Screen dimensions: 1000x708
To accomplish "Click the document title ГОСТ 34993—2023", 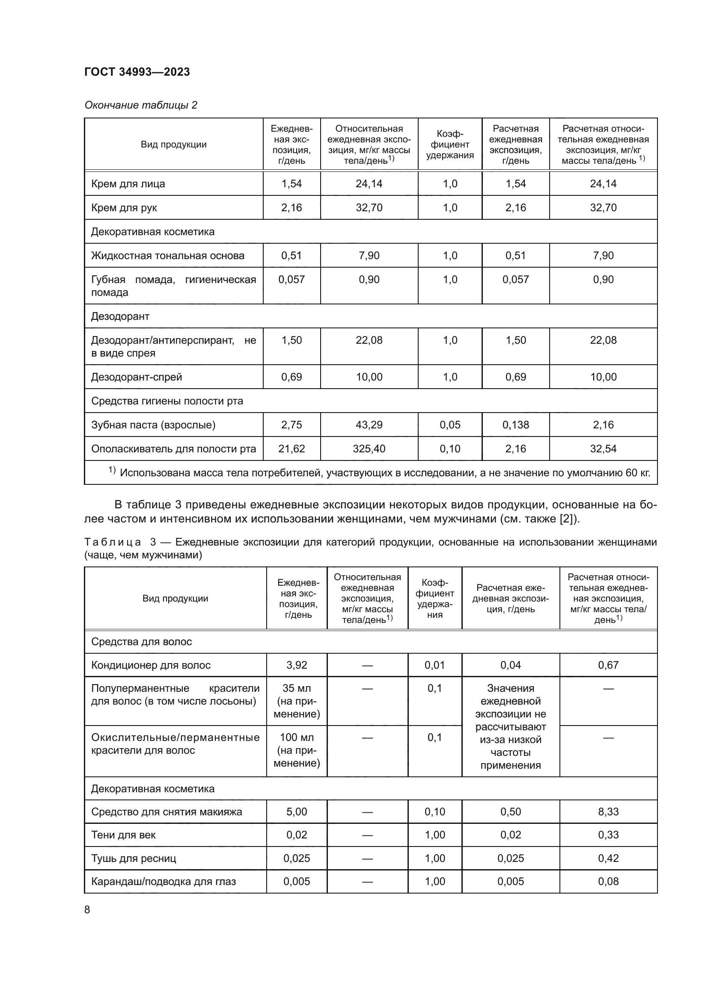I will [137, 72].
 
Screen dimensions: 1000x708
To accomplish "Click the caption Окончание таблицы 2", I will [140, 105].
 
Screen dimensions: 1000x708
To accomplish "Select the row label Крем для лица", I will [128, 184].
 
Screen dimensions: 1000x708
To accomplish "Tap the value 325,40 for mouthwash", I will [369, 448].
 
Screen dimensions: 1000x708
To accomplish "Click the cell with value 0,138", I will [515, 425].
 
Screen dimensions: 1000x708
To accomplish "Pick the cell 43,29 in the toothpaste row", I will [369, 425].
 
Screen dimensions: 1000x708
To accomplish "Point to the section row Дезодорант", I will [120, 316].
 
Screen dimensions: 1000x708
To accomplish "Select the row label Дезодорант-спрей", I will [137, 377].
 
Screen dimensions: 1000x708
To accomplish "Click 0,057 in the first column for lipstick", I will [291, 279].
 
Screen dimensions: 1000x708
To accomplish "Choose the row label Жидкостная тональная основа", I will [167, 256].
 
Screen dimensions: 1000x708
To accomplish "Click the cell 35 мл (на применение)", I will [297, 701].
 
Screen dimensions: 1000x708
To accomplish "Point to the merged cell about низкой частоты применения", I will [510, 726].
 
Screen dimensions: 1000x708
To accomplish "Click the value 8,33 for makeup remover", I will [608, 811].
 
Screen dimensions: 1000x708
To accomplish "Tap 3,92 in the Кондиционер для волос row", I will [297, 665].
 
